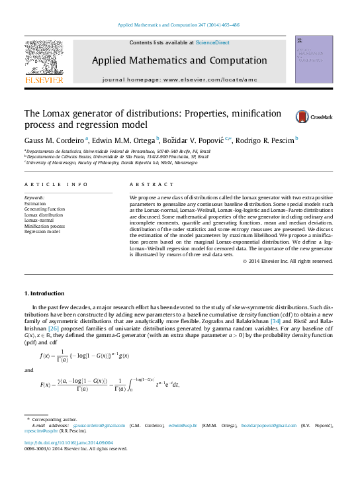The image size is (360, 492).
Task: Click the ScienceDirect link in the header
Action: click(x=212, y=42)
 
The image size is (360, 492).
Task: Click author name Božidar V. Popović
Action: click(x=196, y=140)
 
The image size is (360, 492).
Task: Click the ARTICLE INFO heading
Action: click(x=56, y=184)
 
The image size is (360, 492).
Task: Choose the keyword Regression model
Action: click(x=42, y=232)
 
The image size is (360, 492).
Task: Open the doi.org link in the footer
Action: click(x=69, y=442)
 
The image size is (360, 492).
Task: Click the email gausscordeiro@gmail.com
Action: click(x=105, y=425)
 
